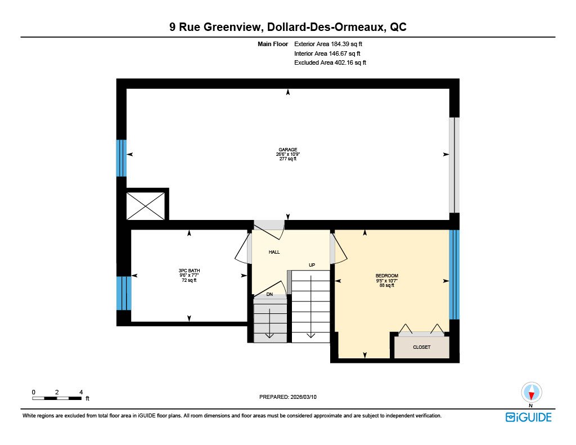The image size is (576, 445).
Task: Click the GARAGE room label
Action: click(x=287, y=150)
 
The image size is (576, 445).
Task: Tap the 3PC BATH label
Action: click(x=189, y=271)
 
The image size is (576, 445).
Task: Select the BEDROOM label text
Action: click(x=387, y=276)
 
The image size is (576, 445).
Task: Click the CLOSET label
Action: click(x=422, y=347)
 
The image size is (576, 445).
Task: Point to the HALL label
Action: click(x=274, y=252)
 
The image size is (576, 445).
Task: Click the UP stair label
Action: click(x=312, y=265)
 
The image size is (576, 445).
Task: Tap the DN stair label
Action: click(x=269, y=294)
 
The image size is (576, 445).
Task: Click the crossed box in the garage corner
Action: click(x=146, y=206)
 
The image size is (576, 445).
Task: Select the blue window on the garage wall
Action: click(x=121, y=158)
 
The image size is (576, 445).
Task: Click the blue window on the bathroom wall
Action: click(x=124, y=293)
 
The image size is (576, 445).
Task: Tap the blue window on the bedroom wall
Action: click(x=454, y=275)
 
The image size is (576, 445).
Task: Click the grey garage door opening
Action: click(x=454, y=165)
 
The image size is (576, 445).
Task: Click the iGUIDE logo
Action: click(x=528, y=417)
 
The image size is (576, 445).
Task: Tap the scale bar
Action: click(x=57, y=398)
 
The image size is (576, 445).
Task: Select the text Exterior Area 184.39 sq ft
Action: click(x=328, y=44)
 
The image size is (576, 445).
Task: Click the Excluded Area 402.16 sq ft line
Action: click(x=330, y=63)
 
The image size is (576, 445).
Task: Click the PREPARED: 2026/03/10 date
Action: click(x=287, y=397)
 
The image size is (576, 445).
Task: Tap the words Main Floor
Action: click(x=273, y=44)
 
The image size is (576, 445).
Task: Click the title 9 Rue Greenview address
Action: click(x=288, y=27)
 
